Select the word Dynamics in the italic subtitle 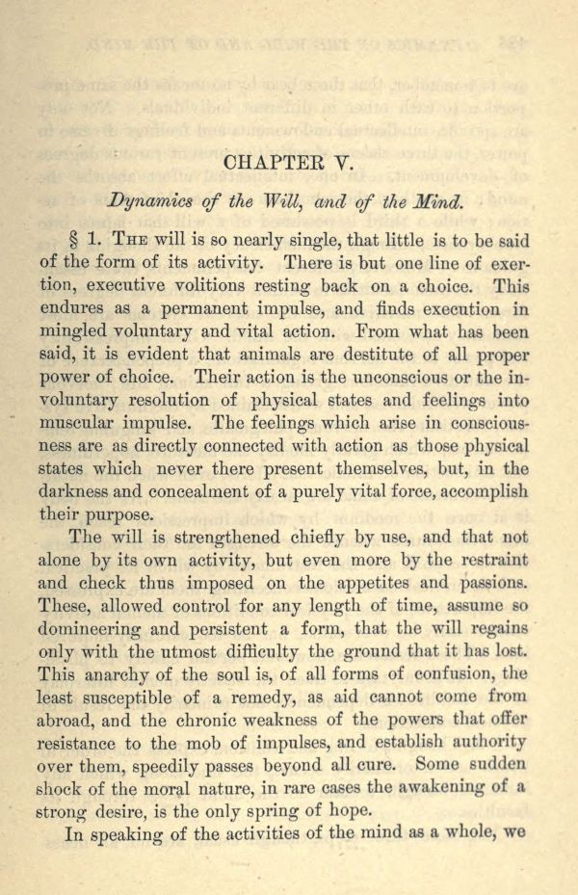[x=146, y=202]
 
